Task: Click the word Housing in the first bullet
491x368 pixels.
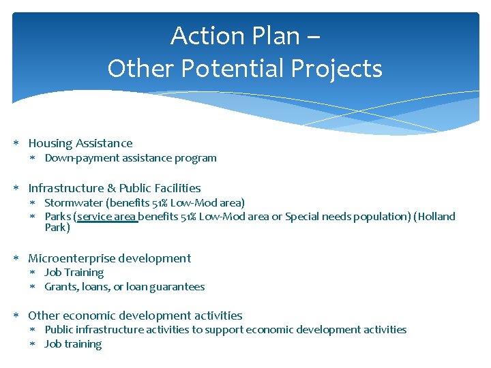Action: click(50, 143)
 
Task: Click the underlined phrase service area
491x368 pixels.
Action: click(108, 217)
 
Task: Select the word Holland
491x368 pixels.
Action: click(436, 217)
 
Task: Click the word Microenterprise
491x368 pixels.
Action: click(72, 258)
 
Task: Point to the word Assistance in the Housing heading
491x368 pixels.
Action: click(104, 143)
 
